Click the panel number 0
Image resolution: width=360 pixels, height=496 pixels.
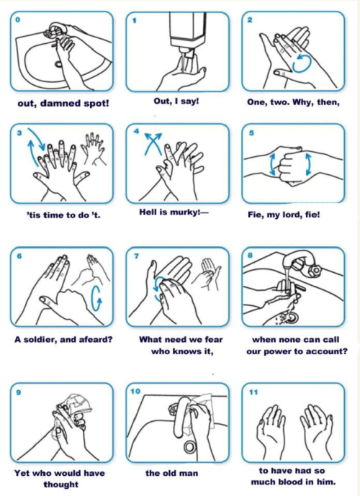click(18, 19)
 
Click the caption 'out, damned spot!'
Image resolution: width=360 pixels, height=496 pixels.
click(63, 104)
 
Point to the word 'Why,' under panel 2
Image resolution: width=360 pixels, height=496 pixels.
click(304, 102)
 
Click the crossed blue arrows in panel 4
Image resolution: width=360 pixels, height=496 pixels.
click(153, 144)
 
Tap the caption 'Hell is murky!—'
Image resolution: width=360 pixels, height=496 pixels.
click(174, 212)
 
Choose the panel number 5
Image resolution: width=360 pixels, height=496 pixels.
click(251, 133)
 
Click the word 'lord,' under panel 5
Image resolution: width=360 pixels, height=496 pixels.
click(292, 215)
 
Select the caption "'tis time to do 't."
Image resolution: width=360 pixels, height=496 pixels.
click(63, 215)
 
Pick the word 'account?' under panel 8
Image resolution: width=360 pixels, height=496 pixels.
click(328, 352)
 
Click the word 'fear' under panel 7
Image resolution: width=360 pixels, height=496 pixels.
click(214, 340)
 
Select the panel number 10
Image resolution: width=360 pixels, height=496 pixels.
click(135, 392)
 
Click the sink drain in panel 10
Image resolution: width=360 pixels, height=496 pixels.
click(190, 446)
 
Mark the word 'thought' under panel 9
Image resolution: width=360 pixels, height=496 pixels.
click(61, 484)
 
